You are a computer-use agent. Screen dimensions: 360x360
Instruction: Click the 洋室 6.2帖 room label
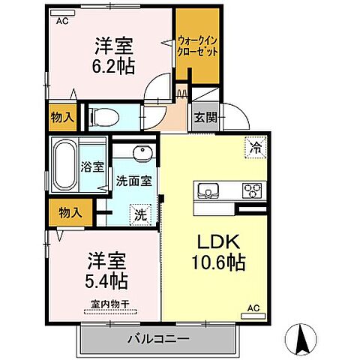coord(114,55)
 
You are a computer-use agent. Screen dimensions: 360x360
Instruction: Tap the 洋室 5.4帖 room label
coord(106,271)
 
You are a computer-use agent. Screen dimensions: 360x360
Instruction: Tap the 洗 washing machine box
coord(139,212)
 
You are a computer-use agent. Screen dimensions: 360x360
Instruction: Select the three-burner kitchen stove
coord(250,190)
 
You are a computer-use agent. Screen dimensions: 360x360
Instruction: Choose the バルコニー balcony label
coord(157,338)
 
